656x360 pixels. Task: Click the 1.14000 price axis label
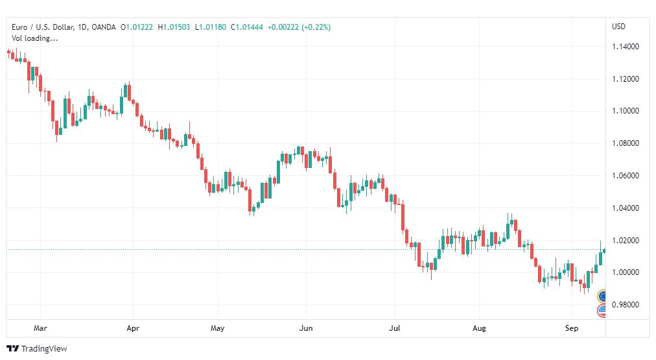pos(626,47)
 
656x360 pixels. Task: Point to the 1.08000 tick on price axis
pos(626,143)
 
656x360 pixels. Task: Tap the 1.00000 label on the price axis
pos(626,272)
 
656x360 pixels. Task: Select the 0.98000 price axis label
pos(626,305)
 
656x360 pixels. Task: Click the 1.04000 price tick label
pos(626,208)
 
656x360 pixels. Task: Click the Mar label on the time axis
pos(40,328)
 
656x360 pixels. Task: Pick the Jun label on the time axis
pos(306,328)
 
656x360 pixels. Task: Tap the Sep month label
pos(572,328)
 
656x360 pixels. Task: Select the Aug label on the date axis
pos(479,328)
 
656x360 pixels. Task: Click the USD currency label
pos(618,27)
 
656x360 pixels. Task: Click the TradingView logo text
pos(44,349)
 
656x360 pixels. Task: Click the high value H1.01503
pos(174,27)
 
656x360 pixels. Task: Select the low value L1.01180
pos(211,27)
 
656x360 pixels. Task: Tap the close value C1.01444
pos(247,27)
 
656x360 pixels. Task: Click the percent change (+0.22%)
pos(316,27)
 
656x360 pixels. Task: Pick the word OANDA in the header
pos(103,27)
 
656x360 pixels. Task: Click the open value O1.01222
pos(137,27)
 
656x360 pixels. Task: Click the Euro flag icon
pos(602,296)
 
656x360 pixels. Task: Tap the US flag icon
pos(602,310)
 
